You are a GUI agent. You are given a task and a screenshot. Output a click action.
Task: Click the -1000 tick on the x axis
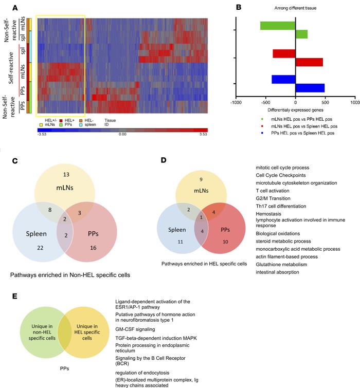click(x=236, y=103)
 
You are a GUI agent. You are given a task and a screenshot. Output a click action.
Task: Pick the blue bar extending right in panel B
click(x=310, y=88)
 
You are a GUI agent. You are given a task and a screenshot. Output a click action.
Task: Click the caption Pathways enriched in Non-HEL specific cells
click(x=69, y=275)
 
